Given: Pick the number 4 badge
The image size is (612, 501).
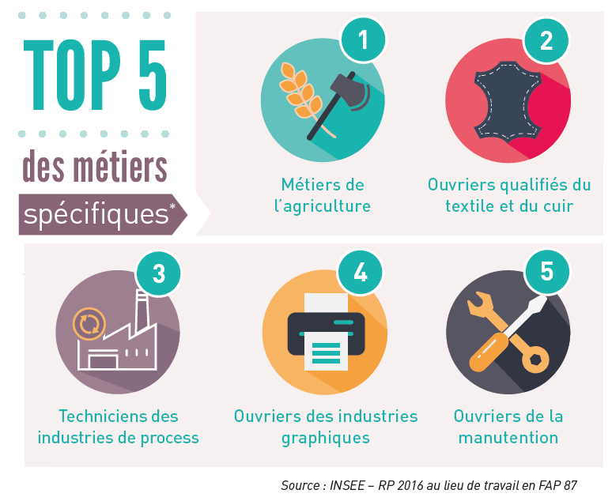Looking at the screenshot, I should point(361,273).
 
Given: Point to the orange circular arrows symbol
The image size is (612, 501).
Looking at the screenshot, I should point(88,323).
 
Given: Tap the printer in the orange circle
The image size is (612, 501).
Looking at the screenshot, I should point(326,332).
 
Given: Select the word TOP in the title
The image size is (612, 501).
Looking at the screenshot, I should point(72,75).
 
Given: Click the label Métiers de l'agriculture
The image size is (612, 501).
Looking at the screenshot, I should point(323,195).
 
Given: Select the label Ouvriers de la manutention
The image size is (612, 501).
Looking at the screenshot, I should point(508,427).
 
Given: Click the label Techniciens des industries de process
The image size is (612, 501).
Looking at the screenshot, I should point(118,427).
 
